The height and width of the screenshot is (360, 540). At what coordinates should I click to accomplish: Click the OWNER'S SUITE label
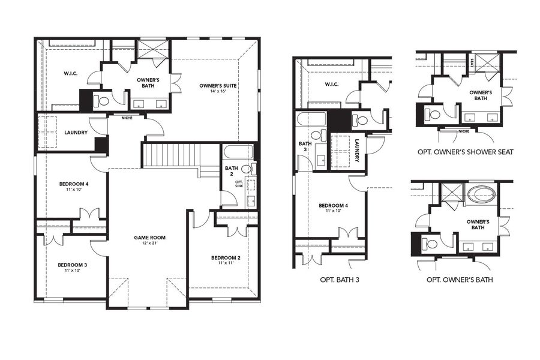218,86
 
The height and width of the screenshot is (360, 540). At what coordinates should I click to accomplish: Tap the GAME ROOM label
149,238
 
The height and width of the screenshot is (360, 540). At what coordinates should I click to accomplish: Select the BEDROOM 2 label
226,258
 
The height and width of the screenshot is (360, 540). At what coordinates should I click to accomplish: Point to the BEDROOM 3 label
73,265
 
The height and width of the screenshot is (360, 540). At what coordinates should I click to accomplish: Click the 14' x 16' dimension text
218,92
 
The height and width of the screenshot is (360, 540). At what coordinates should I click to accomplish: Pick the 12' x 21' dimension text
149,244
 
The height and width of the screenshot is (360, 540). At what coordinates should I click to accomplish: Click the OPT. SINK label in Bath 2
238,184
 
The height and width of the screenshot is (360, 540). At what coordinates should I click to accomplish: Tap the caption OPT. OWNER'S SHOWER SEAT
464,152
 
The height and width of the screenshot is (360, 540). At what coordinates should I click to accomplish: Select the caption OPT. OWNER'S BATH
460,280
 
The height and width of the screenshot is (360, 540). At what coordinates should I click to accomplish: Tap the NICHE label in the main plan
127,118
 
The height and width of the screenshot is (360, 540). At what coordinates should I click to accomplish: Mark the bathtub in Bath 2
239,151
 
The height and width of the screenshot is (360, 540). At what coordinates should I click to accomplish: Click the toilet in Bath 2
253,169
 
